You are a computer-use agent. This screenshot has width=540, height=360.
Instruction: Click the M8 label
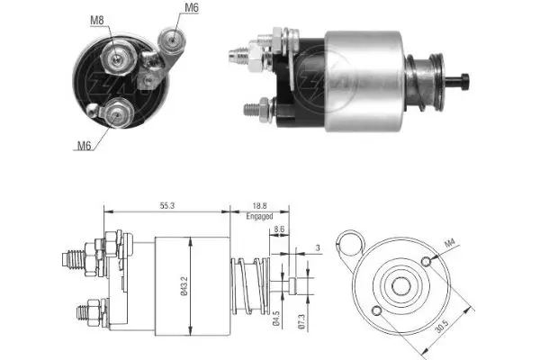coord(97,20)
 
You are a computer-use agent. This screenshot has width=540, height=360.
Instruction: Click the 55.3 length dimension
coord(167,206)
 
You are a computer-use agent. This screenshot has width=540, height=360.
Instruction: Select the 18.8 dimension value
coord(260,206)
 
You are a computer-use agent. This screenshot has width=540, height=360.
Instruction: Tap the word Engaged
coord(260,216)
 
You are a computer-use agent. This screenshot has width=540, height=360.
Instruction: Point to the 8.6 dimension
coord(279,229)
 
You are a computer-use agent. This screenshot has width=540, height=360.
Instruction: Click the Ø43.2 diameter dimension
coord(184,286)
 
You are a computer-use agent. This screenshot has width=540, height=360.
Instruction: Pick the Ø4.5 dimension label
coord(276,319)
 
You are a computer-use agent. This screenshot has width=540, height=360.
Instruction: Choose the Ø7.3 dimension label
coord(302,322)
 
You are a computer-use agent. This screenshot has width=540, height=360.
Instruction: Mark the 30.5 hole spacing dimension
coord(442,326)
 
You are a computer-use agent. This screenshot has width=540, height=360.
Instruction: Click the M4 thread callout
coord(450,243)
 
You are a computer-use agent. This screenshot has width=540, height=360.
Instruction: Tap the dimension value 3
coord(318,247)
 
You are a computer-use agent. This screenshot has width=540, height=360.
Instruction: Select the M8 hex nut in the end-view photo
coord(117,58)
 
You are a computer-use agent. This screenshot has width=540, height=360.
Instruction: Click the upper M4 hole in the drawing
coord(426,262)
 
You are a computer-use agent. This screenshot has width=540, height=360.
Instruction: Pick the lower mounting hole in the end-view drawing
coord(376,311)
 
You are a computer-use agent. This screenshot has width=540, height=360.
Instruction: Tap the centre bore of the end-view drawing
coord(401,286)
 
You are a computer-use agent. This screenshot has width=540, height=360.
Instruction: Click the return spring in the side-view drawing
coord(250,285)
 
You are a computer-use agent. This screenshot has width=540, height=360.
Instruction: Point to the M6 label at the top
coord(192,7)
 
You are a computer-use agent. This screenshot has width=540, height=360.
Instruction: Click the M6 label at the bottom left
coord(84,146)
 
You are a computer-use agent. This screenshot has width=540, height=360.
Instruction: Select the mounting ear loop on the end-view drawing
coord(350,242)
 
